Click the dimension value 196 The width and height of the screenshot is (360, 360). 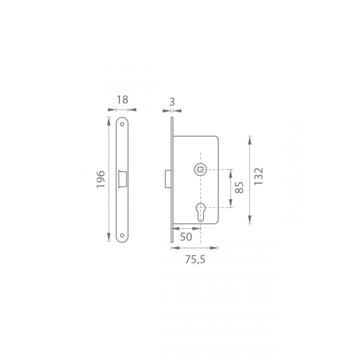click(x=101, y=179)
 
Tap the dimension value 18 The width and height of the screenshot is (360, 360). click(x=122, y=100)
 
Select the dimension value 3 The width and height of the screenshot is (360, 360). click(x=172, y=102)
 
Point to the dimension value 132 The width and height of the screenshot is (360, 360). click(x=258, y=176)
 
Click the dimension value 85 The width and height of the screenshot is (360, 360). click(x=239, y=187)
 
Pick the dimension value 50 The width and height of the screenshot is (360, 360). click(x=186, y=237)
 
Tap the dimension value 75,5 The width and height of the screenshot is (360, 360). click(x=195, y=259)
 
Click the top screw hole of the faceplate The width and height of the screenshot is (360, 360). click(x=122, y=125)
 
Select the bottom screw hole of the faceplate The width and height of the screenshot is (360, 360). click(x=122, y=235)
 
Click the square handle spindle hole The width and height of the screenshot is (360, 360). click(x=200, y=170)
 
